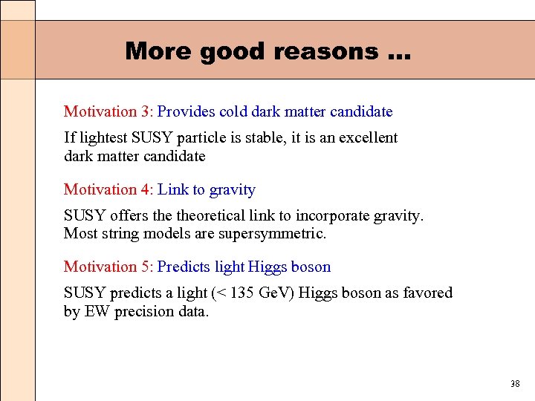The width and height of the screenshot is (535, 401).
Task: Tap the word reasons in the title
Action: [326, 51]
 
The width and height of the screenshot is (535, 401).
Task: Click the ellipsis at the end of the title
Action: [398, 53]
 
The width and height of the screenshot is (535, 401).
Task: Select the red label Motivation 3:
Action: [108, 111]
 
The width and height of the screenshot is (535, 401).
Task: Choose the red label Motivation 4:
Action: [108, 189]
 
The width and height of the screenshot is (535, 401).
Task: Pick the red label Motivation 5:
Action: [108, 267]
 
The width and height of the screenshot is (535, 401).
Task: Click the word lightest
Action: [103, 137]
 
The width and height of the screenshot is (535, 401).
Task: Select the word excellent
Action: [369, 137]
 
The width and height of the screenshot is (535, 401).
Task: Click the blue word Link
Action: [173, 189]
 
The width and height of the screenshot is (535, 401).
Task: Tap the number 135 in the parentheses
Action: [242, 293]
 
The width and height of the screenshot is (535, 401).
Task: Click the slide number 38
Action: [515, 384]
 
